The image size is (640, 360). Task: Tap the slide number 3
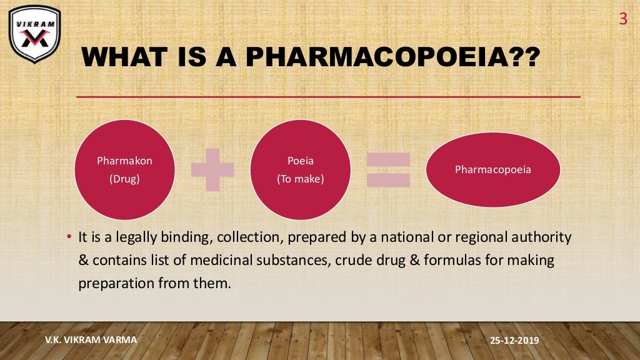pos(622,19)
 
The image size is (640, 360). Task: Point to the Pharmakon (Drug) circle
pos(124,169)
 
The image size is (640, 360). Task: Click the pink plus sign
pos(212,169)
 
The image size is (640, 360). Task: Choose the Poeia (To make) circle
pos(300,169)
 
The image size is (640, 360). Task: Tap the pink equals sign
pos(388,170)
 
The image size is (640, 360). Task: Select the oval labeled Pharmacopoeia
pos(492,169)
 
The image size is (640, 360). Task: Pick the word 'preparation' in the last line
pos(114,283)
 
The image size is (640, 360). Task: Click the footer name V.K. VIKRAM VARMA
pos(91,340)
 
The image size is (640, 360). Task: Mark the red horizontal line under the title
pos(328,97)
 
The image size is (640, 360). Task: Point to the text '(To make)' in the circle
pos(300,179)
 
